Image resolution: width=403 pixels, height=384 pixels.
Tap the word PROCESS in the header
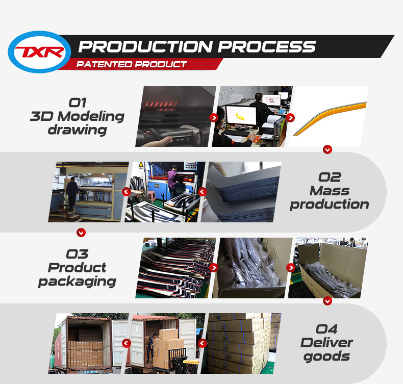click(x=267, y=47)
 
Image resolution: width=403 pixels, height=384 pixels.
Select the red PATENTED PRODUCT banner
click(x=132, y=65)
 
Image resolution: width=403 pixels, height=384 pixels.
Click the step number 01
click(x=77, y=103)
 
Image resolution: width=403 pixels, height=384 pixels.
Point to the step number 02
click(x=330, y=177)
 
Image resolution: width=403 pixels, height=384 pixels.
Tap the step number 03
click(x=77, y=253)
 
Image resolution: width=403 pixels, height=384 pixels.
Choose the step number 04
click(x=327, y=329)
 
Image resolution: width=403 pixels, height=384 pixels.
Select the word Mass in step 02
click(x=330, y=191)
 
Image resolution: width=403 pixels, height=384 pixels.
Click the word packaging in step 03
click(x=77, y=281)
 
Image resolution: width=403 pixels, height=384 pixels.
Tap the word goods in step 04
click(x=327, y=356)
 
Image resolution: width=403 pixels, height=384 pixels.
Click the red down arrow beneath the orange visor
click(x=328, y=149)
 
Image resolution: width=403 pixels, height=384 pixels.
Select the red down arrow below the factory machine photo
click(x=81, y=233)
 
